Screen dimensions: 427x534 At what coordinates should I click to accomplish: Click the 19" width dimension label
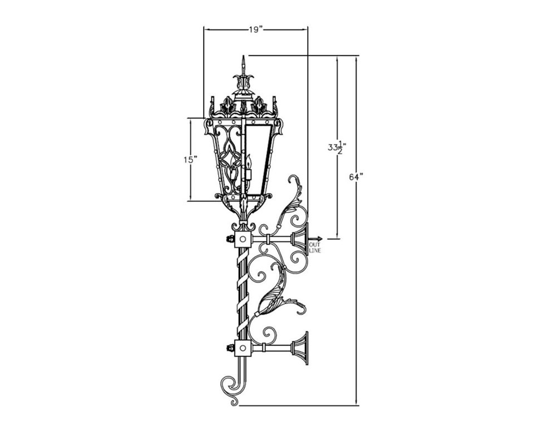255,29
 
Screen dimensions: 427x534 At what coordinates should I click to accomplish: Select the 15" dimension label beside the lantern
191,160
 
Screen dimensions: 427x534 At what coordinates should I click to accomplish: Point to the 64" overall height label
356,177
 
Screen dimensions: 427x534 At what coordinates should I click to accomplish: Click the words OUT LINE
315,247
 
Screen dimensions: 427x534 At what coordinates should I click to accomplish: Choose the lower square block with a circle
243,349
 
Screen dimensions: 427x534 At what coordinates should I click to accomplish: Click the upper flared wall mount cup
300,239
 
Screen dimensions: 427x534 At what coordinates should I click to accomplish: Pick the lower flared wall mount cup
300,349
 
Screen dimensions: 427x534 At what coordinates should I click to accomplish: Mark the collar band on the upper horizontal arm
269,239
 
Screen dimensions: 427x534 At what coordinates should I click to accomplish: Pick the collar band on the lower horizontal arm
269,349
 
